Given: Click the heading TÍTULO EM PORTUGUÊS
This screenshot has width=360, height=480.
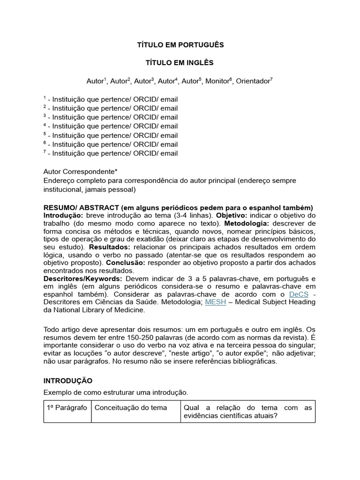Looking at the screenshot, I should (180, 45).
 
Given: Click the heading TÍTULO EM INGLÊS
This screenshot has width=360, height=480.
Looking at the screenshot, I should (180, 63).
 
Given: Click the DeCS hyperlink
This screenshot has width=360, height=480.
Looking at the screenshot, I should (299, 293).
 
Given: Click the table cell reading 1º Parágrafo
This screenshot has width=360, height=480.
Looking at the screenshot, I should (67, 408).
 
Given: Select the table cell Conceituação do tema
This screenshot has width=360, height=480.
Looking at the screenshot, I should (131, 408).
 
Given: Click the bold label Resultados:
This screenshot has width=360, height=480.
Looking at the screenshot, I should (110, 246).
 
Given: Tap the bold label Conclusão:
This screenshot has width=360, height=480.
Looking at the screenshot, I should (127, 263).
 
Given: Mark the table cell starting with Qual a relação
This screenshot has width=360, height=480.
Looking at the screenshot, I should (248, 412).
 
